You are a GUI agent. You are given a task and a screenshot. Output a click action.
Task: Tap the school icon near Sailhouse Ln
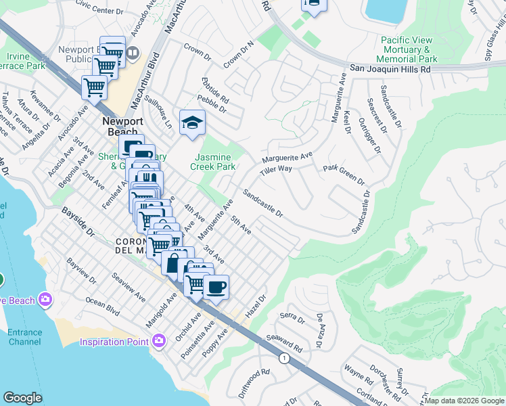pos(192,123)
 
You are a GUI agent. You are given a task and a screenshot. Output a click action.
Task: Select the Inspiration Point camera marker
pos(159,341)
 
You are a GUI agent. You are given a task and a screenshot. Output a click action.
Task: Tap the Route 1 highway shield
pos(286,358)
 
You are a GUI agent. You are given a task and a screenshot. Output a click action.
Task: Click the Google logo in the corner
pos(23,398)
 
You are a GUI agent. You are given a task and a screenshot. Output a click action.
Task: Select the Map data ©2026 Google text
pos(463,401)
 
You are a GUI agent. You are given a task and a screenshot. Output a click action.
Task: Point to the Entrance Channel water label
pos(25,337)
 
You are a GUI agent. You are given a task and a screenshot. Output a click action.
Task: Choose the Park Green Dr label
pos(343,175)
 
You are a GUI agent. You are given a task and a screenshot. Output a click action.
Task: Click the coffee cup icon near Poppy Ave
pos(216,287)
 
